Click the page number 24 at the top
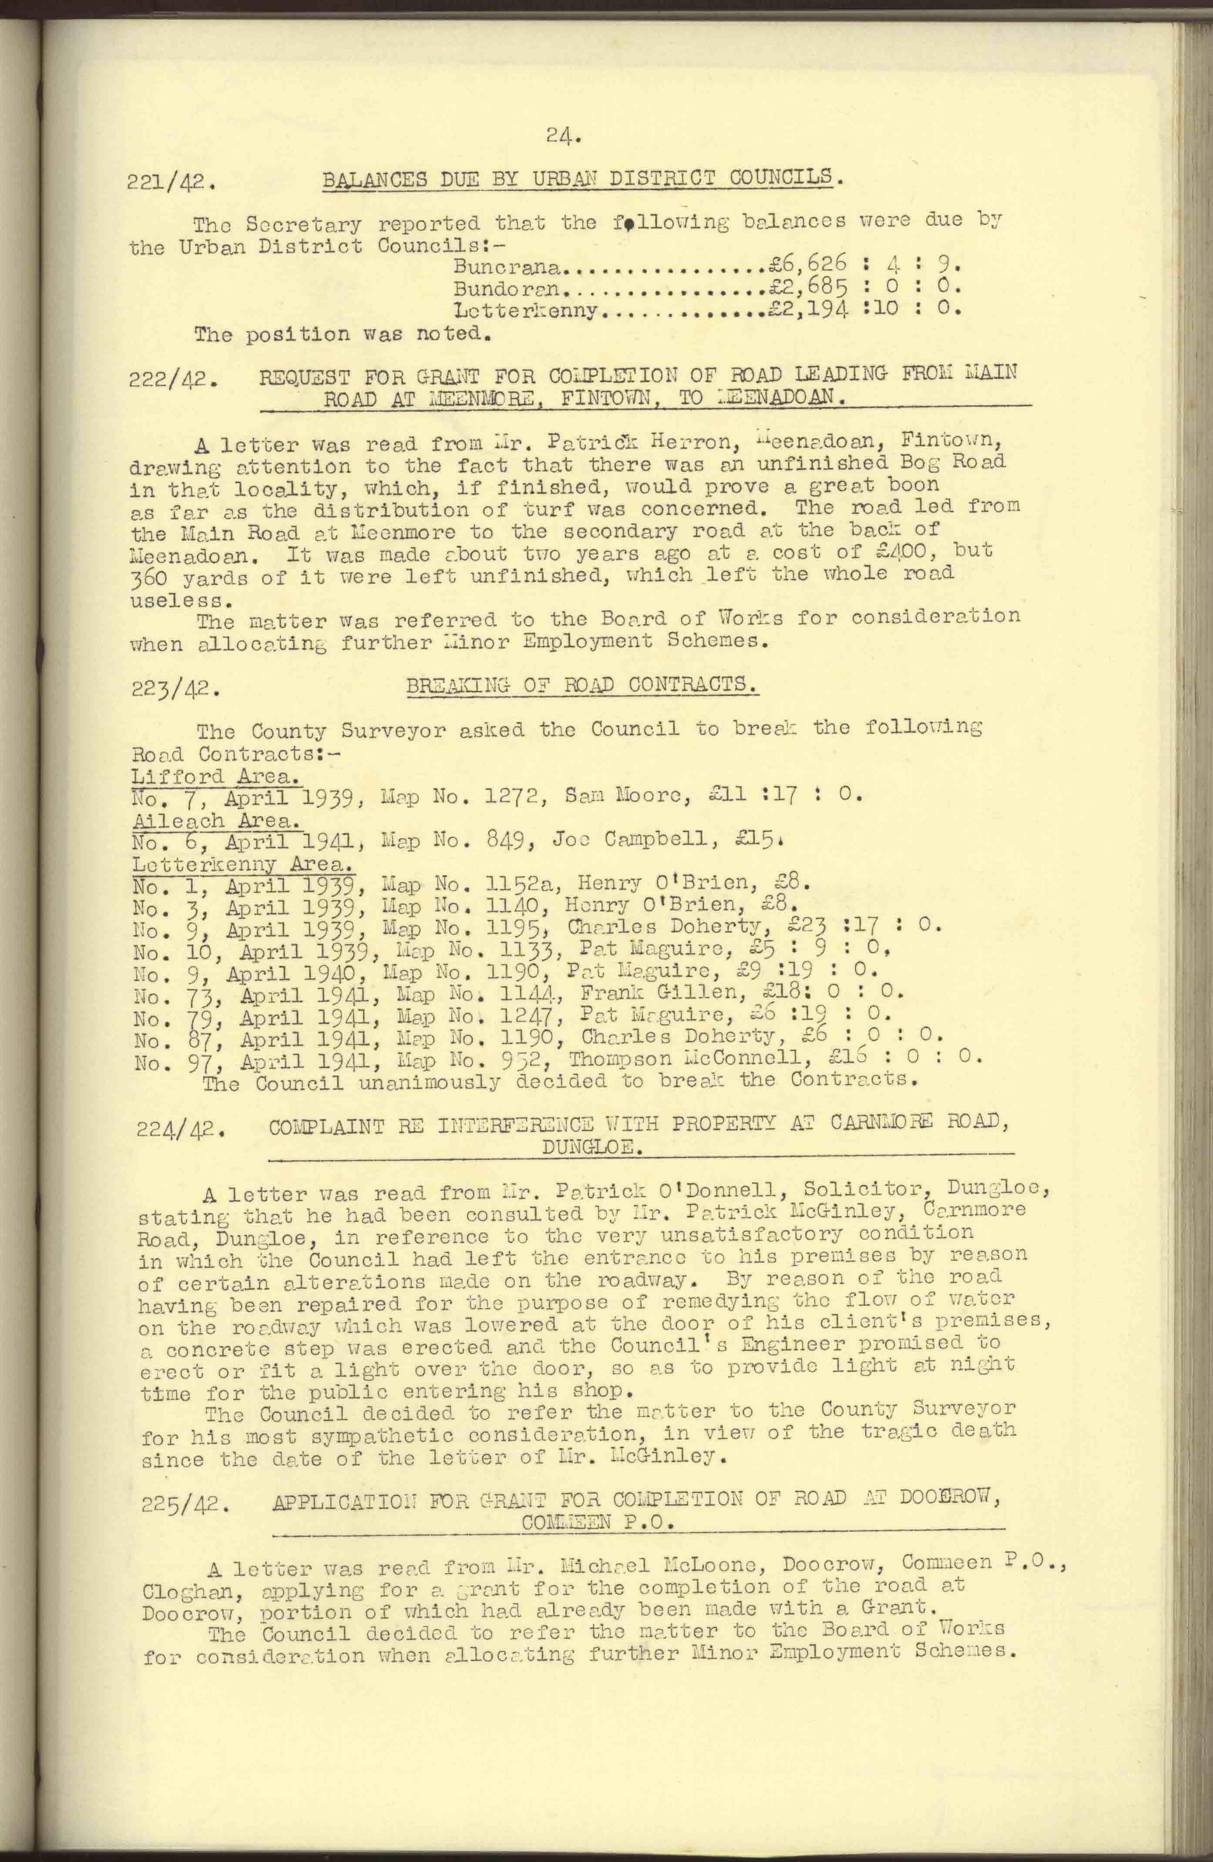[564, 138]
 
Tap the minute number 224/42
[181, 1131]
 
